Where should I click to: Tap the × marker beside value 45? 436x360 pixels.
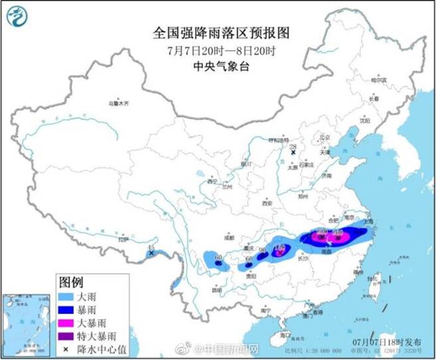(152, 253)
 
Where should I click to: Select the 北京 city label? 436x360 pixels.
(325, 137)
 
